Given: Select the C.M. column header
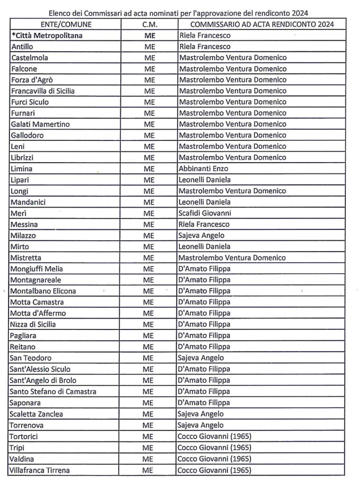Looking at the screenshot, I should [x=149, y=24].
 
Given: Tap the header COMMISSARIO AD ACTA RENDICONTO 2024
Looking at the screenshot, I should [x=262, y=24].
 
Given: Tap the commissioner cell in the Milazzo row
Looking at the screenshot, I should [x=202, y=236].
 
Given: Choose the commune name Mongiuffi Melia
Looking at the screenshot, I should [x=36, y=269].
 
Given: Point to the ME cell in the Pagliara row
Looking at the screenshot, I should [x=149, y=336].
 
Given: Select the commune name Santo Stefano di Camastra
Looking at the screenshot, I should [x=53, y=392].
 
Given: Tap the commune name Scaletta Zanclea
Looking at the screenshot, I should [x=36, y=414].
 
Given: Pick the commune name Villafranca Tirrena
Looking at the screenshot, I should [x=39, y=470].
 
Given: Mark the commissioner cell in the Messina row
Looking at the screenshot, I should [x=205, y=224].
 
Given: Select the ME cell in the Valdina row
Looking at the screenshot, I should [x=149, y=458].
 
